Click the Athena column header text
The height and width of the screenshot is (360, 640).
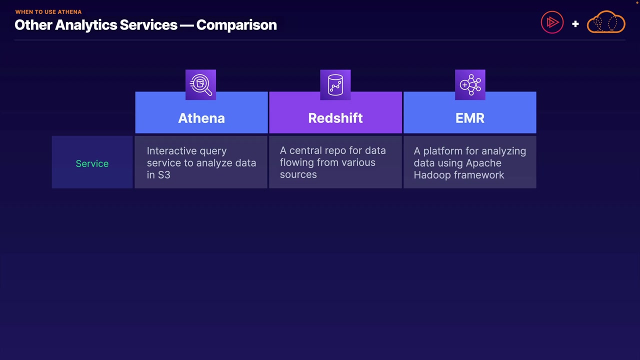(201, 118)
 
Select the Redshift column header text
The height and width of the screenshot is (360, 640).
(335, 118)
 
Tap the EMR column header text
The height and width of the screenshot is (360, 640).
(470, 118)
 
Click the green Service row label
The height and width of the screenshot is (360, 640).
(92, 163)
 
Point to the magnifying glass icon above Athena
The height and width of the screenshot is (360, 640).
(200, 84)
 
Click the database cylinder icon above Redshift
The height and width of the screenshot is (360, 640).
(335, 85)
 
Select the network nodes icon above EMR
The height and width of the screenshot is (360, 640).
(470, 85)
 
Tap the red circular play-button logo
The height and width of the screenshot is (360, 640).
(552, 22)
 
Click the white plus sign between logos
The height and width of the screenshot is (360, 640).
(575, 24)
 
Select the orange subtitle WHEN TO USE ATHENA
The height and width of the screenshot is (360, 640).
(48, 12)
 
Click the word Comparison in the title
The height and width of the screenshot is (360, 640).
(236, 25)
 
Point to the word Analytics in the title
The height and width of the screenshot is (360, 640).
(86, 25)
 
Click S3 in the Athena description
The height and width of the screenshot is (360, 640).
(164, 175)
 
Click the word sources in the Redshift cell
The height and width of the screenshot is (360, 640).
(298, 174)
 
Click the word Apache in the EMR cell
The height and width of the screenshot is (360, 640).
(483, 163)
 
